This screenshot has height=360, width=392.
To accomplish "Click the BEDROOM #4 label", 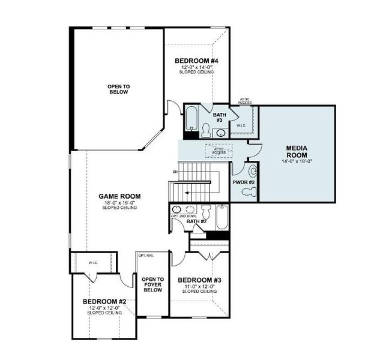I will coord(196,61).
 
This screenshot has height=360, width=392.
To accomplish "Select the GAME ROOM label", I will coord(119,196).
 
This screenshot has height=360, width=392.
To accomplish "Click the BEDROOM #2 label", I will coord(104,301).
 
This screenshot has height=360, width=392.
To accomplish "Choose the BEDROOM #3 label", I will coord(199,280).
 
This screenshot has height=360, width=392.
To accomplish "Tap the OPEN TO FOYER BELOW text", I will coord(152,284).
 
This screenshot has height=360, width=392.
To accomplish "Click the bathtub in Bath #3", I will coord(191,118).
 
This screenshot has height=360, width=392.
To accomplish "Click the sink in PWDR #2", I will coord(252,172).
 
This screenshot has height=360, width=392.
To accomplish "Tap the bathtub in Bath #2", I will coord(222,217).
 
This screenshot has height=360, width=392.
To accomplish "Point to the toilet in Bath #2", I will coord(206,212).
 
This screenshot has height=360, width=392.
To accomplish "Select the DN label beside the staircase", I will coord(175,172).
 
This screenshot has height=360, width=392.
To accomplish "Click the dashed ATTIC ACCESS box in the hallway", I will coord(219,151).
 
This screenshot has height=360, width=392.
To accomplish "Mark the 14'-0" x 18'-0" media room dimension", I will coord(297,161).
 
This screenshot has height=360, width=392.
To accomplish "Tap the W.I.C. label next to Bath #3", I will coord(241,125).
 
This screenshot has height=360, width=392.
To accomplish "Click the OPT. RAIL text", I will coord(146,256).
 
